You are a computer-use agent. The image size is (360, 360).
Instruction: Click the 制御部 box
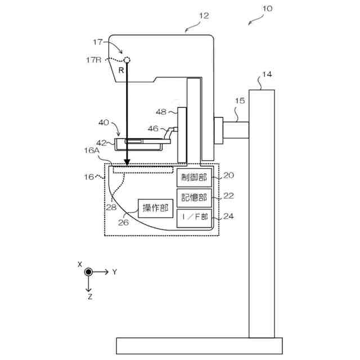pos(195,178)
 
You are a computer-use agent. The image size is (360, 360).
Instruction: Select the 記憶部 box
pos(195,197)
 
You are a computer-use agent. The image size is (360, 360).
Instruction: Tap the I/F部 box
pos(195,217)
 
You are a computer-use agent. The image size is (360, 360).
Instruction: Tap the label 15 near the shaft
pos(240,101)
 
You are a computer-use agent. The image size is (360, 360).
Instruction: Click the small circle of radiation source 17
pos(128,59)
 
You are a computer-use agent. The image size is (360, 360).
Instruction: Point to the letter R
pos(121,70)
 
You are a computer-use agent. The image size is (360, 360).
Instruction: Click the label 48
pos(161,112)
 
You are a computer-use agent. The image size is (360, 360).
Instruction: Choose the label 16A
pos(93,151)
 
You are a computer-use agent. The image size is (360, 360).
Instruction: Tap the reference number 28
pos(112,206)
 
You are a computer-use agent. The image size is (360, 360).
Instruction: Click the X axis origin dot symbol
pos(88,272)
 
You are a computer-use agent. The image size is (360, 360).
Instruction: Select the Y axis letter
pos(114,272)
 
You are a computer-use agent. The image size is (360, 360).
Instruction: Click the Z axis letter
pos(89,297)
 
